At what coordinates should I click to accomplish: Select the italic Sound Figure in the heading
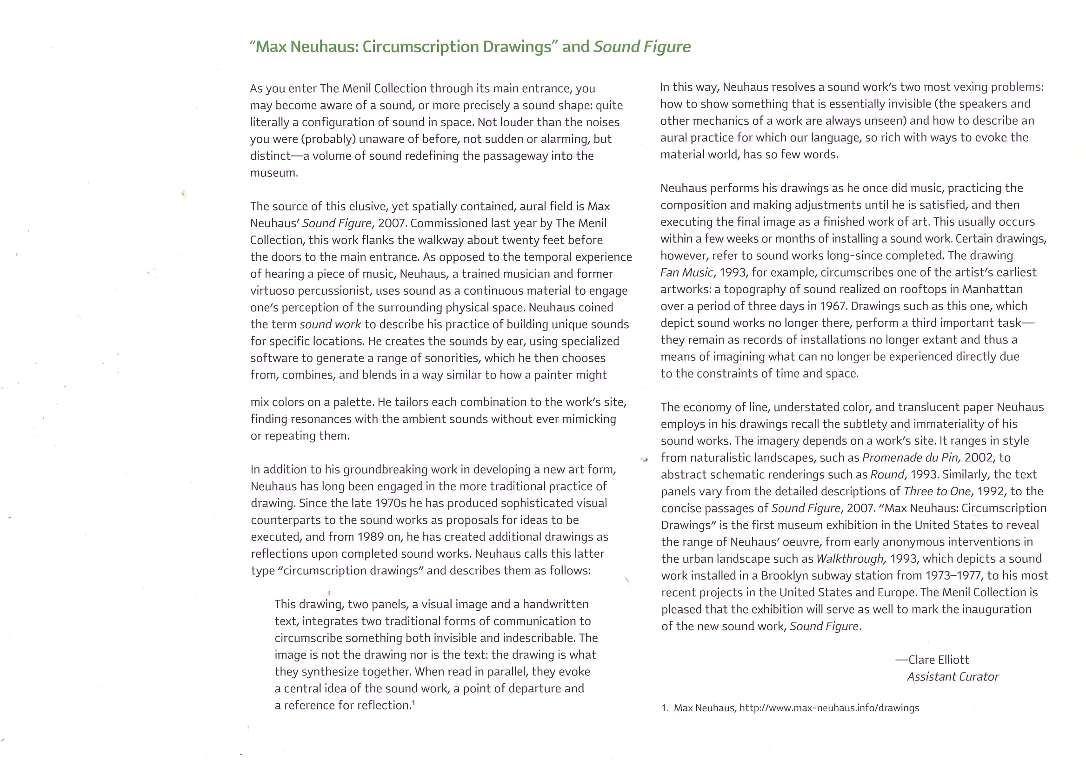click(642, 47)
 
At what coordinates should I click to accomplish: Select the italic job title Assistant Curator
click(953, 677)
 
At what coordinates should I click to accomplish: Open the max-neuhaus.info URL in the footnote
click(829, 708)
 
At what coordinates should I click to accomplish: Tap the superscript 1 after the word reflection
click(413, 703)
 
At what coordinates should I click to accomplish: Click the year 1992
click(991, 491)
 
